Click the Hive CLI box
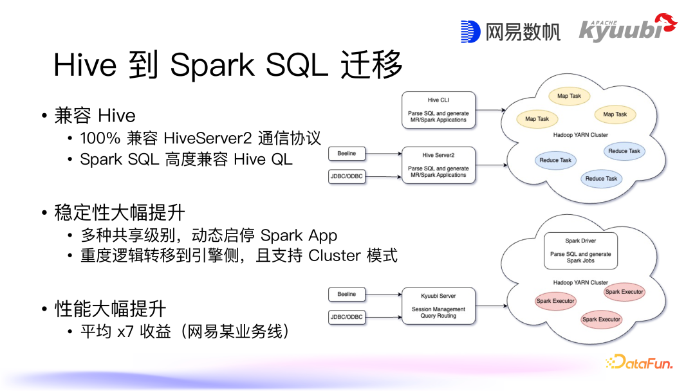(438, 109)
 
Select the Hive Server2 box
(438, 165)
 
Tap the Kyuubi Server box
(438, 305)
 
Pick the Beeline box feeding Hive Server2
(347, 154)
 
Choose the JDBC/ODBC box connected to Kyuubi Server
(347, 316)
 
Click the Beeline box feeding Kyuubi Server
(347, 294)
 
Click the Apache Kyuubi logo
(627, 29)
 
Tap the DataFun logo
(639, 363)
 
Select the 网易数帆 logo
(510, 32)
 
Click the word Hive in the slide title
(85, 65)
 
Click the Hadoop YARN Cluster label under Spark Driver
(580, 282)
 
